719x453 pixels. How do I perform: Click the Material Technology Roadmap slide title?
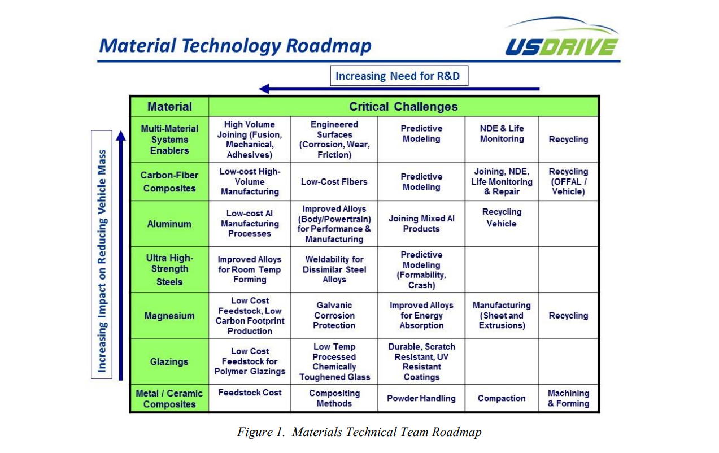(x=234, y=45)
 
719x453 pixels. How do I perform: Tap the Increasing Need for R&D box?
(x=399, y=76)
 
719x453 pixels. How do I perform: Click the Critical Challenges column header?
(x=403, y=106)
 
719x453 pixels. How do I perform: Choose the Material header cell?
(x=169, y=106)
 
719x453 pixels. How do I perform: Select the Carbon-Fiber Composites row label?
(x=169, y=182)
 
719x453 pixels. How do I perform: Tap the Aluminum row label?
(x=169, y=224)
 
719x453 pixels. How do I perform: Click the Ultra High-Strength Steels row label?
(x=169, y=269)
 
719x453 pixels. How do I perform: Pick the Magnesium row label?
(x=169, y=316)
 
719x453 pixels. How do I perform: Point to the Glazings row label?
(x=169, y=361)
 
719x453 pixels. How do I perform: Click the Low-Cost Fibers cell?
(x=334, y=182)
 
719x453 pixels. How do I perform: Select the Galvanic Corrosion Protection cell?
(x=334, y=316)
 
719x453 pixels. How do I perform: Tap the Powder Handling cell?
(x=421, y=398)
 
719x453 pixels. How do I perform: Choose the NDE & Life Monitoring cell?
(x=502, y=134)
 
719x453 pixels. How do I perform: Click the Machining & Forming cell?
(x=568, y=398)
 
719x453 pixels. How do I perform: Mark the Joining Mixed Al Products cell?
(x=421, y=224)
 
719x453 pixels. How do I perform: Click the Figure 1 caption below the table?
(x=359, y=433)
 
